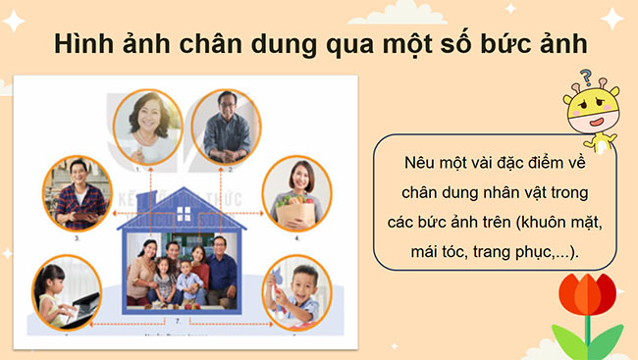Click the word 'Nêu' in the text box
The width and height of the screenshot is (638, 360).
(417, 162)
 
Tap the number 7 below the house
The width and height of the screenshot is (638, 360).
(176, 319)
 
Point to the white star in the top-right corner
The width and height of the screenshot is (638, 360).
(611, 16)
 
